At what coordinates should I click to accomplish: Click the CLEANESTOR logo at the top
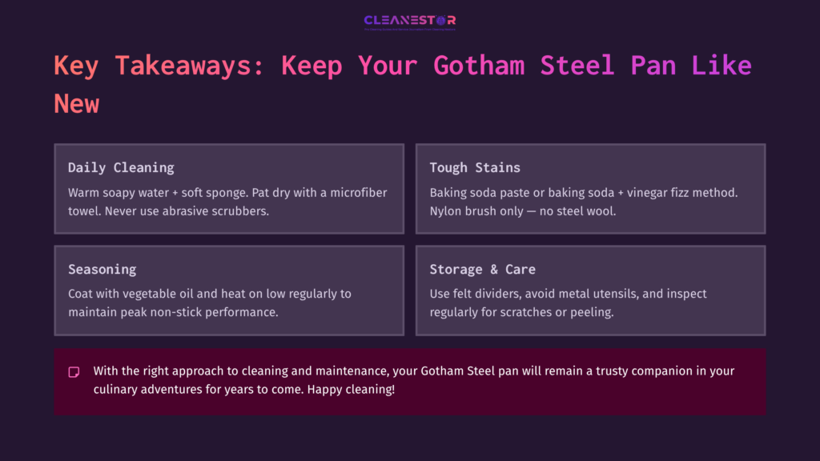pos(409,22)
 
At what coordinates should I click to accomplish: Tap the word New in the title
pos(77,104)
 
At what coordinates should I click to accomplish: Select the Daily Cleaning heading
pos(121,167)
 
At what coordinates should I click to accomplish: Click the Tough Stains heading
pos(475,167)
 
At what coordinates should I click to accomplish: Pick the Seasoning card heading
pos(102,269)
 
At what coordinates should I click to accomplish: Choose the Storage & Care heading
pos(482,269)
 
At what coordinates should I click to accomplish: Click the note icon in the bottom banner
pos(74,372)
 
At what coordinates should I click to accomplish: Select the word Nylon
pos(446,210)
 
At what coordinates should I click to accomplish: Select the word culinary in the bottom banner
pos(115,389)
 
